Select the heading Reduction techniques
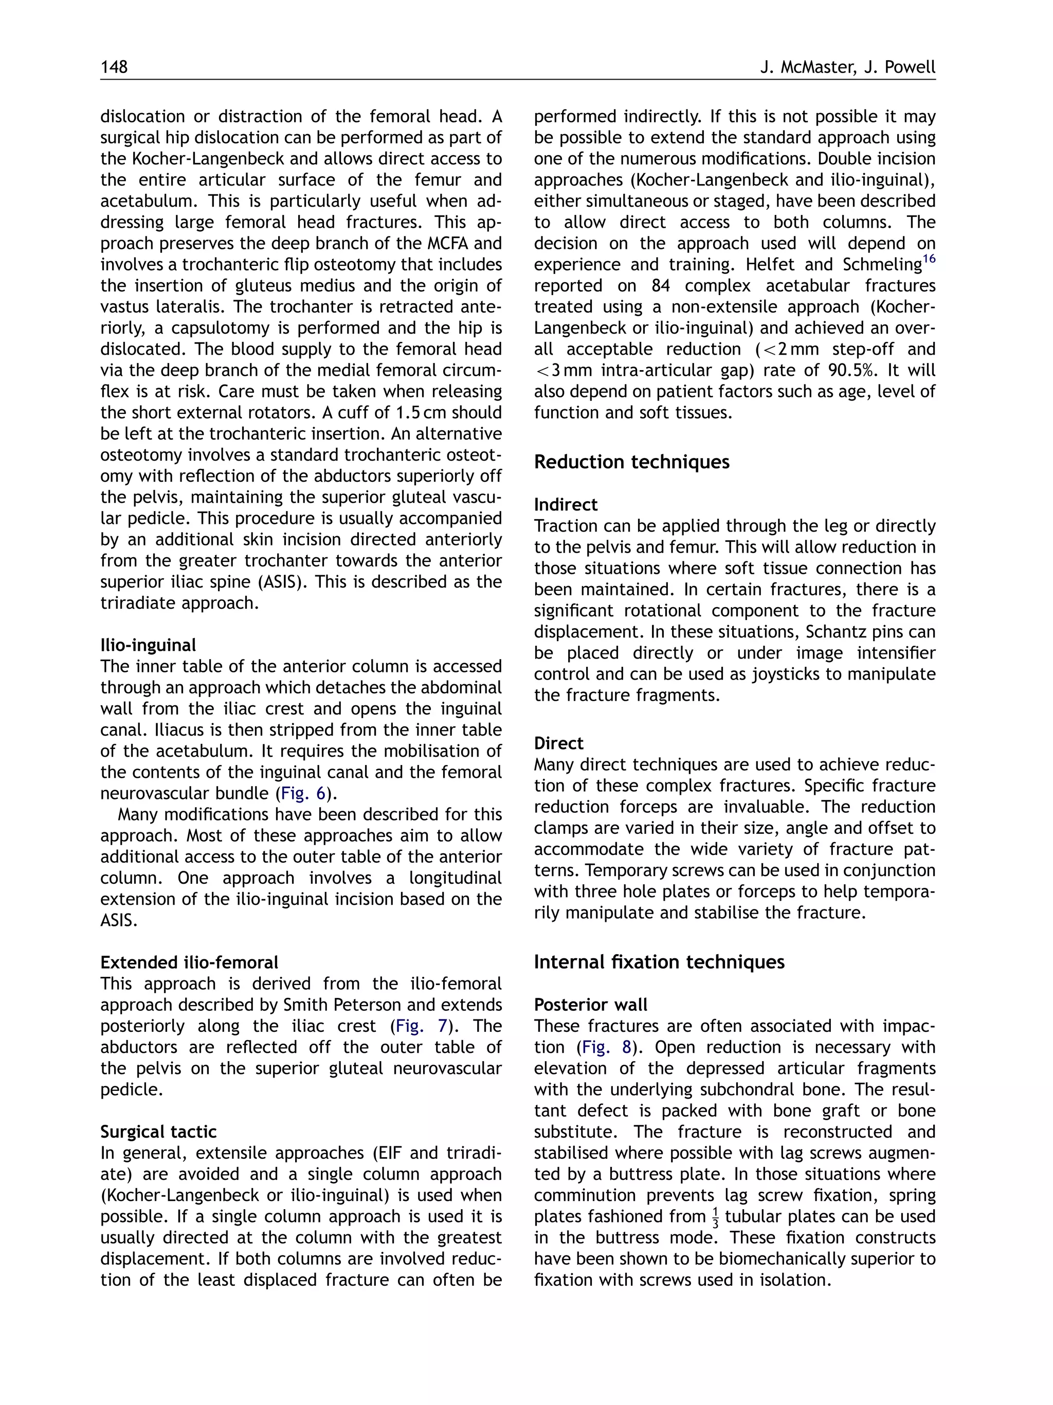[x=631, y=462]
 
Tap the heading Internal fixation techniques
[x=659, y=962]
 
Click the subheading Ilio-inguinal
[x=148, y=645]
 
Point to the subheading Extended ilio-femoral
[x=189, y=962]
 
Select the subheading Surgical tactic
[x=158, y=1132]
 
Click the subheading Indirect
[x=565, y=505]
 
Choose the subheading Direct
[x=558, y=743]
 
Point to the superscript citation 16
[x=929, y=259]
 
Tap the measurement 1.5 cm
[x=421, y=413]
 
